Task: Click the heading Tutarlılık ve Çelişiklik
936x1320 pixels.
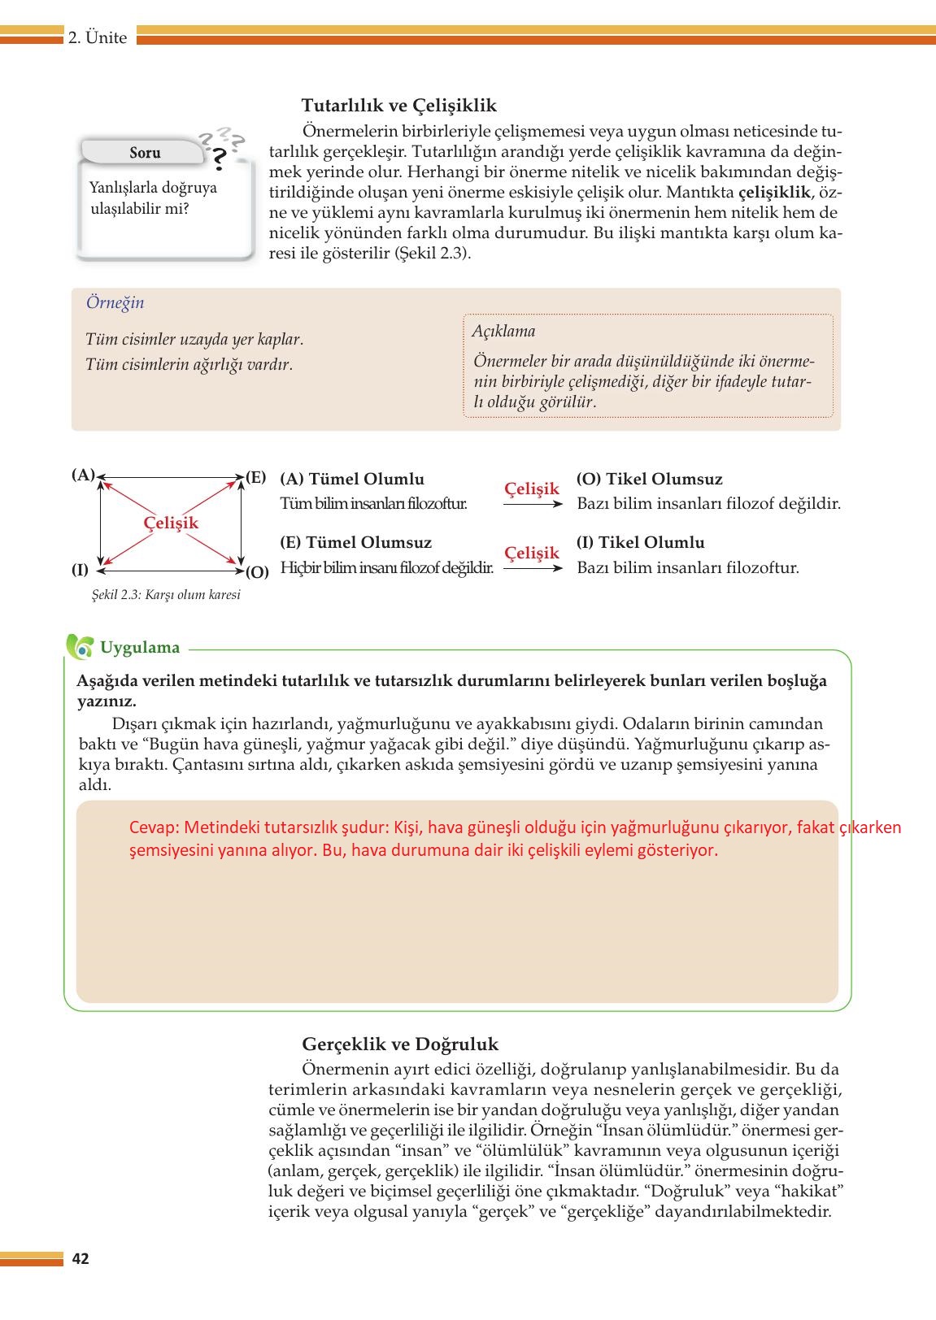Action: pyautogui.click(x=398, y=106)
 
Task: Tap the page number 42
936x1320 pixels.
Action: pyautogui.click(x=81, y=1259)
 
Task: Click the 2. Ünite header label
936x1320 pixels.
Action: pyautogui.click(x=98, y=38)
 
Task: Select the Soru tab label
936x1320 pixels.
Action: pyautogui.click(x=145, y=153)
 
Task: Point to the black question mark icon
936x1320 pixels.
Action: pyautogui.click(x=218, y=159)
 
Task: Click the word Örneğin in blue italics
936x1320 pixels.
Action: pyautogui.click(x=115, y=302)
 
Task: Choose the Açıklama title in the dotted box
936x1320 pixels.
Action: pyautogui.click(x=503, y=331)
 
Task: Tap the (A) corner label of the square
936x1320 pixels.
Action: pyautogui.click(x=83, y=475)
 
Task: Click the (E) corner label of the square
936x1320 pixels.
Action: pyautogui.click(x=256, y=477)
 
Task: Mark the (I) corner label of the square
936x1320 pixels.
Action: pyautogui.click(x=80, y=570)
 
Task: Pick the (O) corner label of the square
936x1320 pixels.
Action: pyautogui.click(x=257, y=571)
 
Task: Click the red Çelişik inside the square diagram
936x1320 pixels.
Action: pyautogui.click(x=171, y=523)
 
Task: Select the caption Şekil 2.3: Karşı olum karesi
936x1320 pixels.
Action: pyautogui.click(x=166, y=595)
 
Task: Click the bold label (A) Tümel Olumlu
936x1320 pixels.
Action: pyautogui.click(x=351, y=480)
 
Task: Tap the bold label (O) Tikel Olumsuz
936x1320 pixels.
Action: pyautogui.click(x=649, y=480)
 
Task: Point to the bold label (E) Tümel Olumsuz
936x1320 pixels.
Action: pyautogui.click(x=355, y=543)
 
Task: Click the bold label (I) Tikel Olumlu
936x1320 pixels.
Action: pyautogui.click(x=640, y=543)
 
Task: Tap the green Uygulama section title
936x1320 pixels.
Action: pyautogui.click(x=139, y=648)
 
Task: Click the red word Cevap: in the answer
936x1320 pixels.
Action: pyautogui.click(x=154, y=827)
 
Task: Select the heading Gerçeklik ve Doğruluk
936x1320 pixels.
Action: pyautogui.click(x=400, y=1044)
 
